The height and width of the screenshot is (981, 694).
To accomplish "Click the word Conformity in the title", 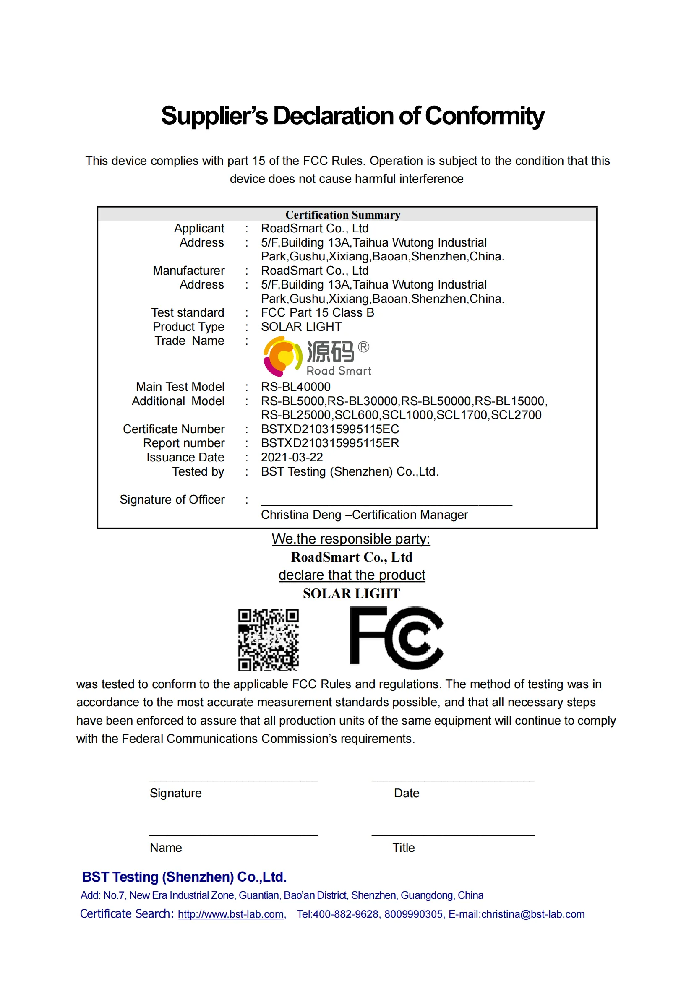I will click(x=484, y=116).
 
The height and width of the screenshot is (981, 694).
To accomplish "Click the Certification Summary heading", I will click(x=343, y=215).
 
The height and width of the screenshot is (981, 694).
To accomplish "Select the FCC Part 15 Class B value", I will click(x=317, y=313).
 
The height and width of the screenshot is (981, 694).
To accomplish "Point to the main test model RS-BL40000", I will click(x=296, y=387).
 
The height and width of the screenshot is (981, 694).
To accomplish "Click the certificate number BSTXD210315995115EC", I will click(x=330, y=429).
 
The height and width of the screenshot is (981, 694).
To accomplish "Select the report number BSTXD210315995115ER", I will click(x=330, y=443).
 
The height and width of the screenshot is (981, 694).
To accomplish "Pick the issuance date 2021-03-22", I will click(x=292, y=458).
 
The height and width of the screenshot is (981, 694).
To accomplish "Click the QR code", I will click(x=269, y=640).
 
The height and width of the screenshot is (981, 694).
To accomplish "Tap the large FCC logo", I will click(x=397, y=638).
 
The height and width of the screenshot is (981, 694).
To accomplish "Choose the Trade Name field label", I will click(x=189, y=341).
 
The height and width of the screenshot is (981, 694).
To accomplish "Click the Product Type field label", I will click(x=188, y=327).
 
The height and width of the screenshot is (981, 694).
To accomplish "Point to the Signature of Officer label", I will click(x=172, y=500).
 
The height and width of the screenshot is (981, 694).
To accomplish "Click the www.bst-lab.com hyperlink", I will click(x=231, y=914).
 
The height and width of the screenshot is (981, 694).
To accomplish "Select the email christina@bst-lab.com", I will click(x=532, y=914).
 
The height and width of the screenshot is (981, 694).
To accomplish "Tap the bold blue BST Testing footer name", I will click(x=184, y=877).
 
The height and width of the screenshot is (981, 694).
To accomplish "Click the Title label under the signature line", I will click(x=403, y=848).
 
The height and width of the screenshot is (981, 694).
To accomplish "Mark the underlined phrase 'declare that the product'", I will click(x=352, y=575).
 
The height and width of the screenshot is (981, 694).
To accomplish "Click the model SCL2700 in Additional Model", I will click(x=516, y=415).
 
